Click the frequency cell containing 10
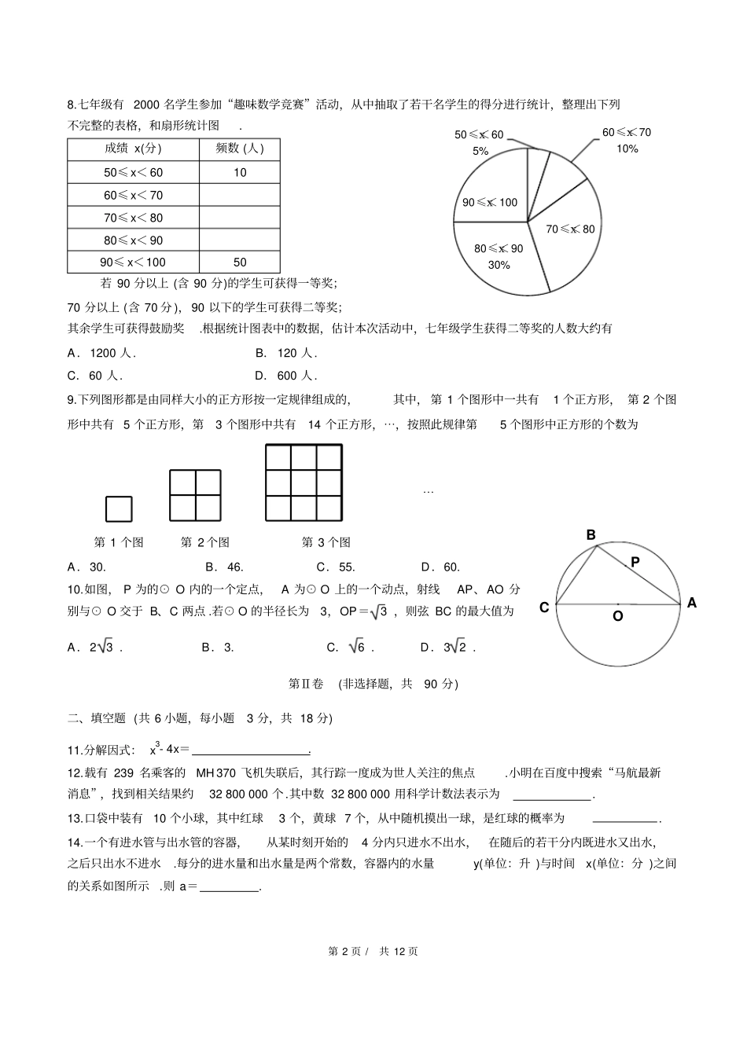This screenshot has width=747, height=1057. (240, 172)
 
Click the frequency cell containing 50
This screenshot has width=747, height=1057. (240, 262)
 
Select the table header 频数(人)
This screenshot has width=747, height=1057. (240, 149)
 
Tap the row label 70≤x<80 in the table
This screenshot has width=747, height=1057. (134, 218)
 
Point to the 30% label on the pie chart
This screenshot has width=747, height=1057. (499, 265)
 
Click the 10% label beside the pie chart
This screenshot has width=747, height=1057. (627, 149)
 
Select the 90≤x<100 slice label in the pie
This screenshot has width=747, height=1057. (489, 202)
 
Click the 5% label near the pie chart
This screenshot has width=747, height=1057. (480, 151)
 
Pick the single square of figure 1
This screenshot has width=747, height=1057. (119, 508)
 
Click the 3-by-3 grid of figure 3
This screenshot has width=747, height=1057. (304, 483)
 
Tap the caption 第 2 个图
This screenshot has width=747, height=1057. (204, 542)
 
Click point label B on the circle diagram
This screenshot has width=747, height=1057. (591, 535)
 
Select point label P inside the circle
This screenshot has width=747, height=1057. (635, 562)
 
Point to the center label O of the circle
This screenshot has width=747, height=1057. (617, 616)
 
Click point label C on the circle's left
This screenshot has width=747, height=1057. (544, 607)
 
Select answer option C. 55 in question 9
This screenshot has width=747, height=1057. (336, 567)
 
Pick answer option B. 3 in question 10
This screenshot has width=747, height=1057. (218, 648)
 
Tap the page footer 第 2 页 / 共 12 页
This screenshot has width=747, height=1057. (373, 951)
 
